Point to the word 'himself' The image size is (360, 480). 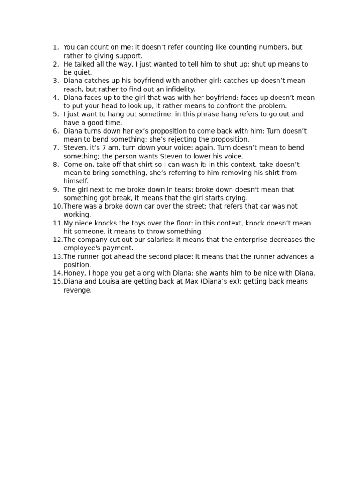(75, 181)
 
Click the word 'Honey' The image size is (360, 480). (74, 273)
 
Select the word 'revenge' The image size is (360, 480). (77, 290)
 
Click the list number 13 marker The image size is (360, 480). (57, 256)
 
